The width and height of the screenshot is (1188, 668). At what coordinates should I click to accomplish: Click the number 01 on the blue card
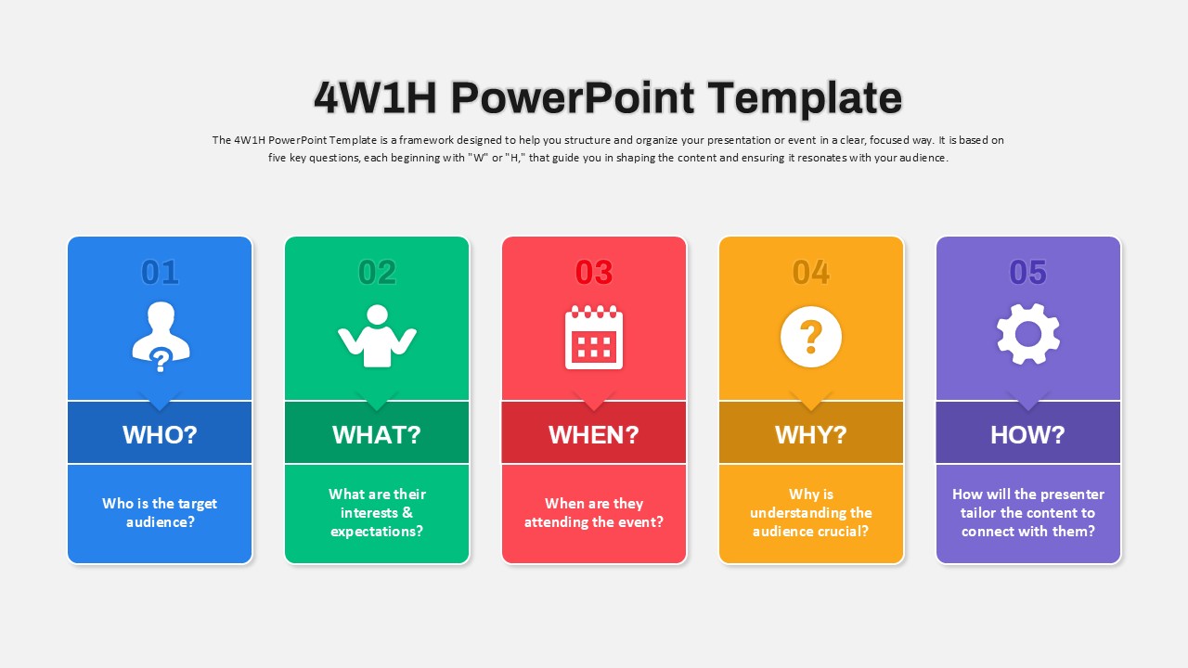[x=160, y=273]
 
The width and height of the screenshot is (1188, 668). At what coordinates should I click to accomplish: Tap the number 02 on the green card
[x=377, y=273]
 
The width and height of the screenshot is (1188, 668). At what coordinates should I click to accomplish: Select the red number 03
[x=594, y=273]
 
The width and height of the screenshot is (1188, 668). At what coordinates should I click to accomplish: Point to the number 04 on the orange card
[x=811, y=273]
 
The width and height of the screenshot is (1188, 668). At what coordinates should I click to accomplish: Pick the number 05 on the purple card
[x=1027, y=273]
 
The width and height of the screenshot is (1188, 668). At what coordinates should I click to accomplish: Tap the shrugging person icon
[x=377, y=336]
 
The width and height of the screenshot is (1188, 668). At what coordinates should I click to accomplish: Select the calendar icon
[x=594, y=337]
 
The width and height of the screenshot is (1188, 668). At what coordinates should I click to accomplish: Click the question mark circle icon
[x=811, y=337]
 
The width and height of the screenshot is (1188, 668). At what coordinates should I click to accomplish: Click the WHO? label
[x=160, y=435]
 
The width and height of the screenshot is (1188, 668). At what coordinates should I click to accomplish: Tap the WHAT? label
[x=377, y=435]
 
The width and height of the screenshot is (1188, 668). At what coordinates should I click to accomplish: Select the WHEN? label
[x=594, y=435]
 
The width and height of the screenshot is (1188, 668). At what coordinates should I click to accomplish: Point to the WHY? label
[x=811, y=435]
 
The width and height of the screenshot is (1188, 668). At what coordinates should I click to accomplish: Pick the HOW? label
[x=1027, y=435]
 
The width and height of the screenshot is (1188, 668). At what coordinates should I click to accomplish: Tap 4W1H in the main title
[x=375, y=98]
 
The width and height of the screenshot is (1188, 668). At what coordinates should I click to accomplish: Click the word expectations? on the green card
[x=377, y=532]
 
